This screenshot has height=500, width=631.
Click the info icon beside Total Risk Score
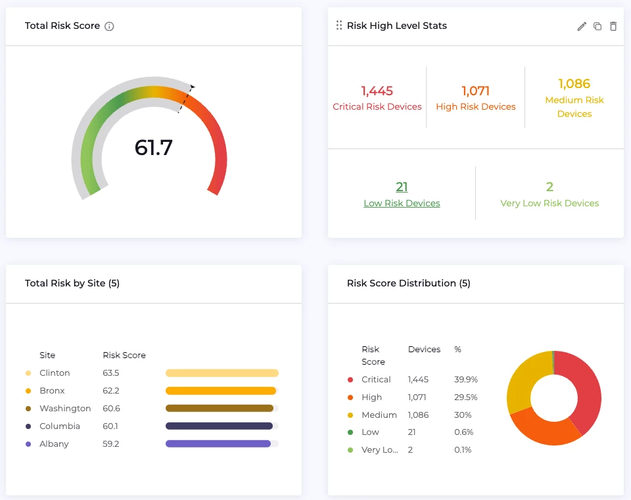click(x=110, y=26)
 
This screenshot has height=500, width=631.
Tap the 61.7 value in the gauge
click(x=153, y=147)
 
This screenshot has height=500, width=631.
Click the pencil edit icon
click(x=582, y=26)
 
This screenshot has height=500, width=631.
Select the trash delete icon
click(x=613, y=26)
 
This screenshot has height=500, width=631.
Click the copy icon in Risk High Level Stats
click(x=597, y=26)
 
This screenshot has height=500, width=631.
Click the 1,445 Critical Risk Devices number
click(x=377, y=91)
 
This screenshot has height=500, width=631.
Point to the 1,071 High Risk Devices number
click(x=475, y=91)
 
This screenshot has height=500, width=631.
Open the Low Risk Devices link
click(x=402, y=203)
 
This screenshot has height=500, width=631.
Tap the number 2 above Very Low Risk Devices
click(x=549, y=187)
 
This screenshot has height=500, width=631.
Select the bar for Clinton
click(x=222, y=373)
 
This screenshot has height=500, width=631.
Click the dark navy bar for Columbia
click(x=219, y=426)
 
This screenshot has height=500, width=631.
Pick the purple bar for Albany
click(x=218, y=443)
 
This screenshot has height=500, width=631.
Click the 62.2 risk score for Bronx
click(x=111, y=390)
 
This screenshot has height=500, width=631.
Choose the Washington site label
click(x=65, y=408)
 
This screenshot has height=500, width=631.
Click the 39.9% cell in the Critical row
click(x=465, y=379)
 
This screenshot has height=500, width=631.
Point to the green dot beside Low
click(x=350, y=432)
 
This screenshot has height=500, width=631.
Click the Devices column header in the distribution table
click(x=424, y=349)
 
